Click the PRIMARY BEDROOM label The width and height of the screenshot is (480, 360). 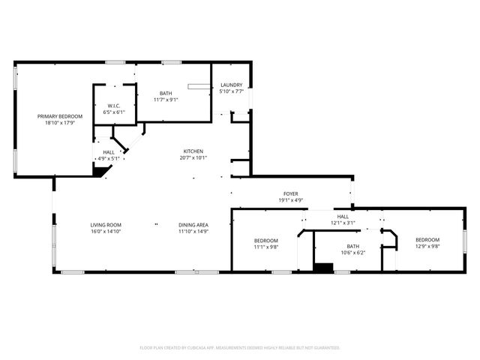[60, 116]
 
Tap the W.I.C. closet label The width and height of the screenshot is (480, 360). [114, 106]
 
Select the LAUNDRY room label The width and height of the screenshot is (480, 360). [231, 85]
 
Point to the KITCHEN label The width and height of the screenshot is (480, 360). [193, 151]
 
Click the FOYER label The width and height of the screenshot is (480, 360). [291, 193]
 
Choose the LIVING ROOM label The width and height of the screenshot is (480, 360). [106, 225]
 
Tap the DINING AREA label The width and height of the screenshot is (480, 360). [193, 225]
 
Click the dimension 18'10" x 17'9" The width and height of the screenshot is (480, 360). [60, 123]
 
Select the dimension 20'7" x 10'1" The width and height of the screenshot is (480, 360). [193, 157]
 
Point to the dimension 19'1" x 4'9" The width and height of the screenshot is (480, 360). [291, 200]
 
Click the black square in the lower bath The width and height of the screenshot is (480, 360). [323, 268]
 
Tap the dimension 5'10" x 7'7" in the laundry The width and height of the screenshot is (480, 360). [231, 92]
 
